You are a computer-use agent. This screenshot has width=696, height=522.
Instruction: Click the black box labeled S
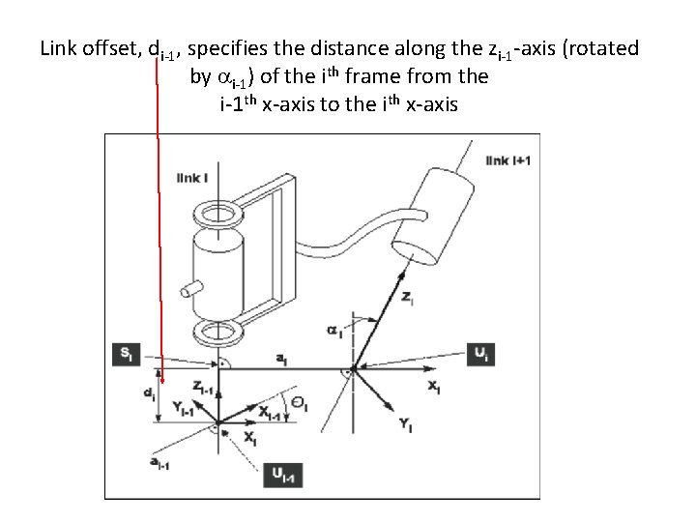pos(126,354)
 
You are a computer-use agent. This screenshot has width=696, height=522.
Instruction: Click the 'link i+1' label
pos(508,159)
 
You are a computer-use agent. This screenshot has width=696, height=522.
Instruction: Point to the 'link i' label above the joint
pos(191,177)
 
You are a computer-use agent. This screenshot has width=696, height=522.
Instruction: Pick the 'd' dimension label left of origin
pos(148,394)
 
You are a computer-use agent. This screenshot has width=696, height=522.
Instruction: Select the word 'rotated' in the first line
pos(605,47)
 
